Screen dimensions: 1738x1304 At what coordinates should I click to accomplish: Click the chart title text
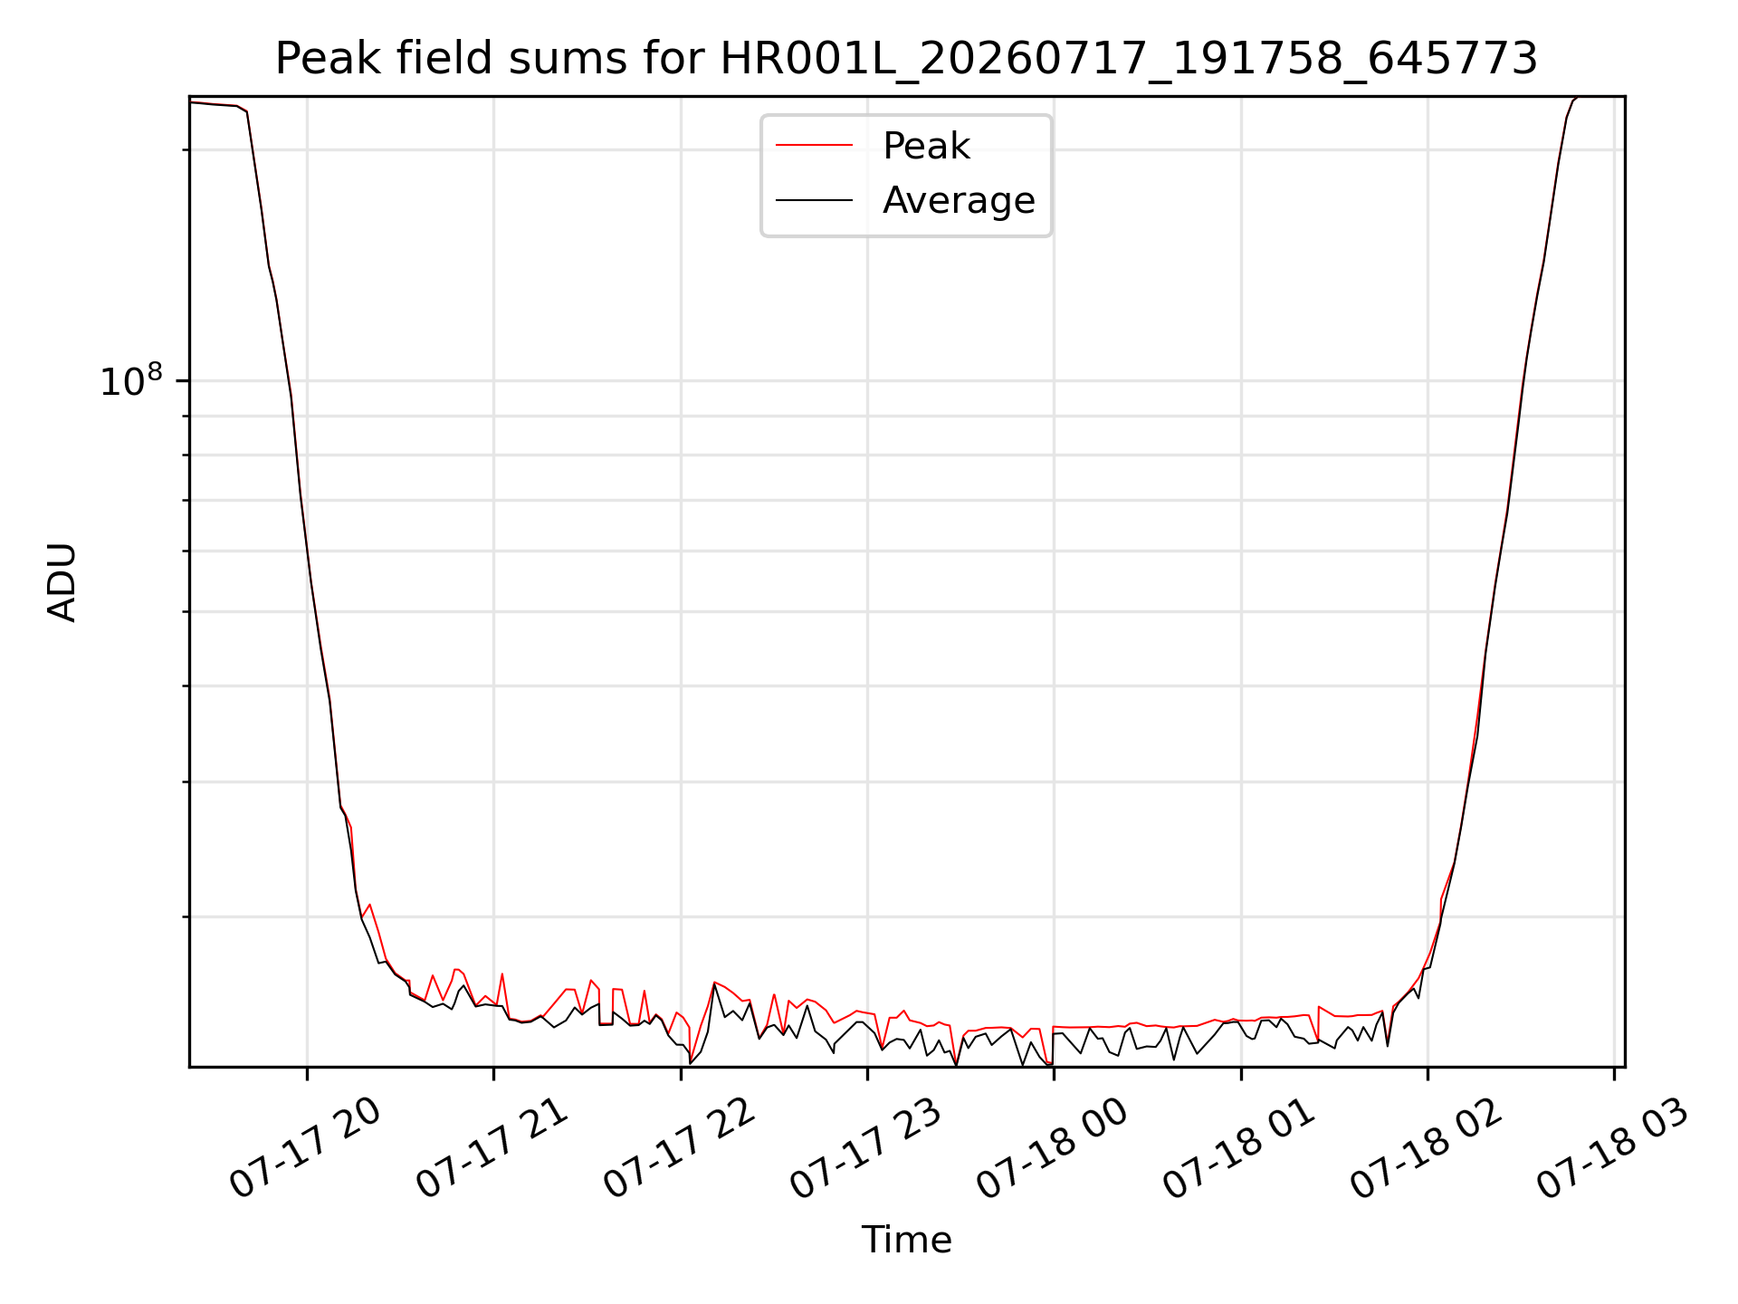906,59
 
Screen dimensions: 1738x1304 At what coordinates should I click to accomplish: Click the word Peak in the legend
926,146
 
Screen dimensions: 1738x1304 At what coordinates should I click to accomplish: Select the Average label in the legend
959,200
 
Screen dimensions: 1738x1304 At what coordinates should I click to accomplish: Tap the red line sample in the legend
814,145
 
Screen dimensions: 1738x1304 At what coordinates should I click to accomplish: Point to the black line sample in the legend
814,199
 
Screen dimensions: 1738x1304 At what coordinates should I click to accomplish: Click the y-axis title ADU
62,582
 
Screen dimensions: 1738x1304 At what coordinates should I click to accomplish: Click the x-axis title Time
906,1240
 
